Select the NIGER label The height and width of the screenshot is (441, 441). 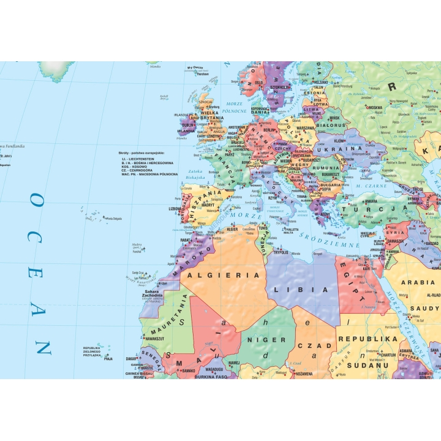tap(266, 339)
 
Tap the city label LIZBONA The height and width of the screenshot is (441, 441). tap(174, 208)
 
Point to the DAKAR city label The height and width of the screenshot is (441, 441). tap(132, 358)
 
